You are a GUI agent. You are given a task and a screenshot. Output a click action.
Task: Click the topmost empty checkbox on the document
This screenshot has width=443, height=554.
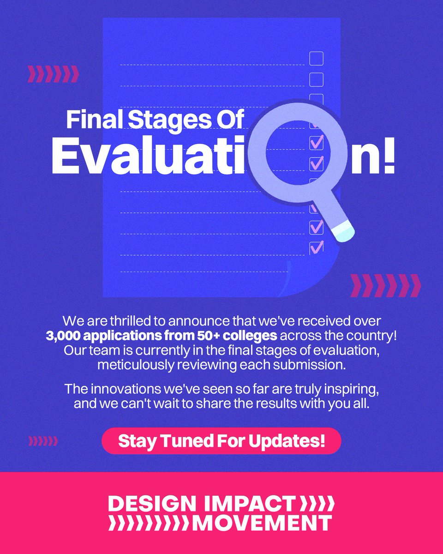coord(316,59)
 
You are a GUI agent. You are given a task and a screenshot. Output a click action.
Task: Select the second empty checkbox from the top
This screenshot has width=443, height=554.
coord(316,80)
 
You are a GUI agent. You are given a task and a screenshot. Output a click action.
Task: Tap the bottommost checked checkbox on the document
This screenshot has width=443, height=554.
coord(316,247)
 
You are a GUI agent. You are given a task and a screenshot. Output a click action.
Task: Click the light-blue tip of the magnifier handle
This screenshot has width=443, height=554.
coord(344,231)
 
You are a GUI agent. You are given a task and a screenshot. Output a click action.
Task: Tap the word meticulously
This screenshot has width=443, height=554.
coord(136,365)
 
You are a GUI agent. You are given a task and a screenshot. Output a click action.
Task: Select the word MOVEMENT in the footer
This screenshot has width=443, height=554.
coord(262,523)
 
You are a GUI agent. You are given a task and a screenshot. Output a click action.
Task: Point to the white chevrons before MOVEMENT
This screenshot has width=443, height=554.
coord(149,523)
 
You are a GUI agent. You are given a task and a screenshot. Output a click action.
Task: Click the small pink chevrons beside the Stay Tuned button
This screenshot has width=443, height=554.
coord(43,441)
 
